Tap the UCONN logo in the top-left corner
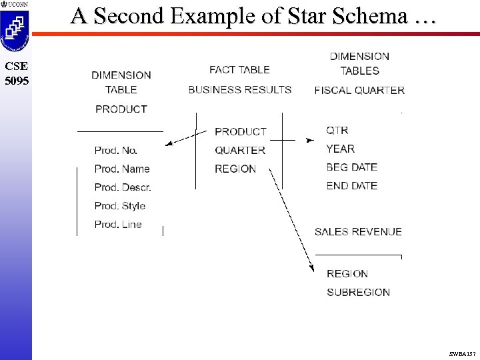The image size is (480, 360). pyautogui.click(x=14, y=5)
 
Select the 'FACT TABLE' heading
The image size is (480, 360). pyautogui.click(x=239, y=69)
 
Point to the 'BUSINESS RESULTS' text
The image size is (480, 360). pyautogui.click(x=239, y=89)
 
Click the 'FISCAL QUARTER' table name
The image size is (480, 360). pyautogui.click(x=359, y=90)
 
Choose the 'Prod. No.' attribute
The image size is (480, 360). pyautogui.click(x=116, y=151)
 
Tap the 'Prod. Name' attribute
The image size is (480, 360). pyautogui.click(x=122, y=169)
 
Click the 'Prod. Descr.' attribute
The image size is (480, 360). pyautogui.click(x=123, y=187)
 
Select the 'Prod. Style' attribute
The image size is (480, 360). pyautogui.click(x=119, y=206)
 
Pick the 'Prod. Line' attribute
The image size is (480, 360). pyautogui.click(x=118, y=225)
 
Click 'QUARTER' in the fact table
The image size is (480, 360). pyautogui.click(x=240, y=151)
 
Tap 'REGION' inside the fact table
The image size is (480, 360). pyautogui.click(x=235, y=169)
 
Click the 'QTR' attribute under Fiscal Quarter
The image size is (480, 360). pyautogui.click(x=337, y=130)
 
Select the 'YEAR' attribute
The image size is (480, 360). pyautogui.click(x=341, y=149)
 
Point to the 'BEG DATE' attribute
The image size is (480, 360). pyautogui.click(x=352, y=167)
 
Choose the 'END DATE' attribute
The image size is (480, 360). pyautogui.click(x=352, y=186)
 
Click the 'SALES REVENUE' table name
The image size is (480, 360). pyautogui.click(x=358, y=232)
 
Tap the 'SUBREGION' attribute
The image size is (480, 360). pyautogui.click(x=359, y=292)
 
